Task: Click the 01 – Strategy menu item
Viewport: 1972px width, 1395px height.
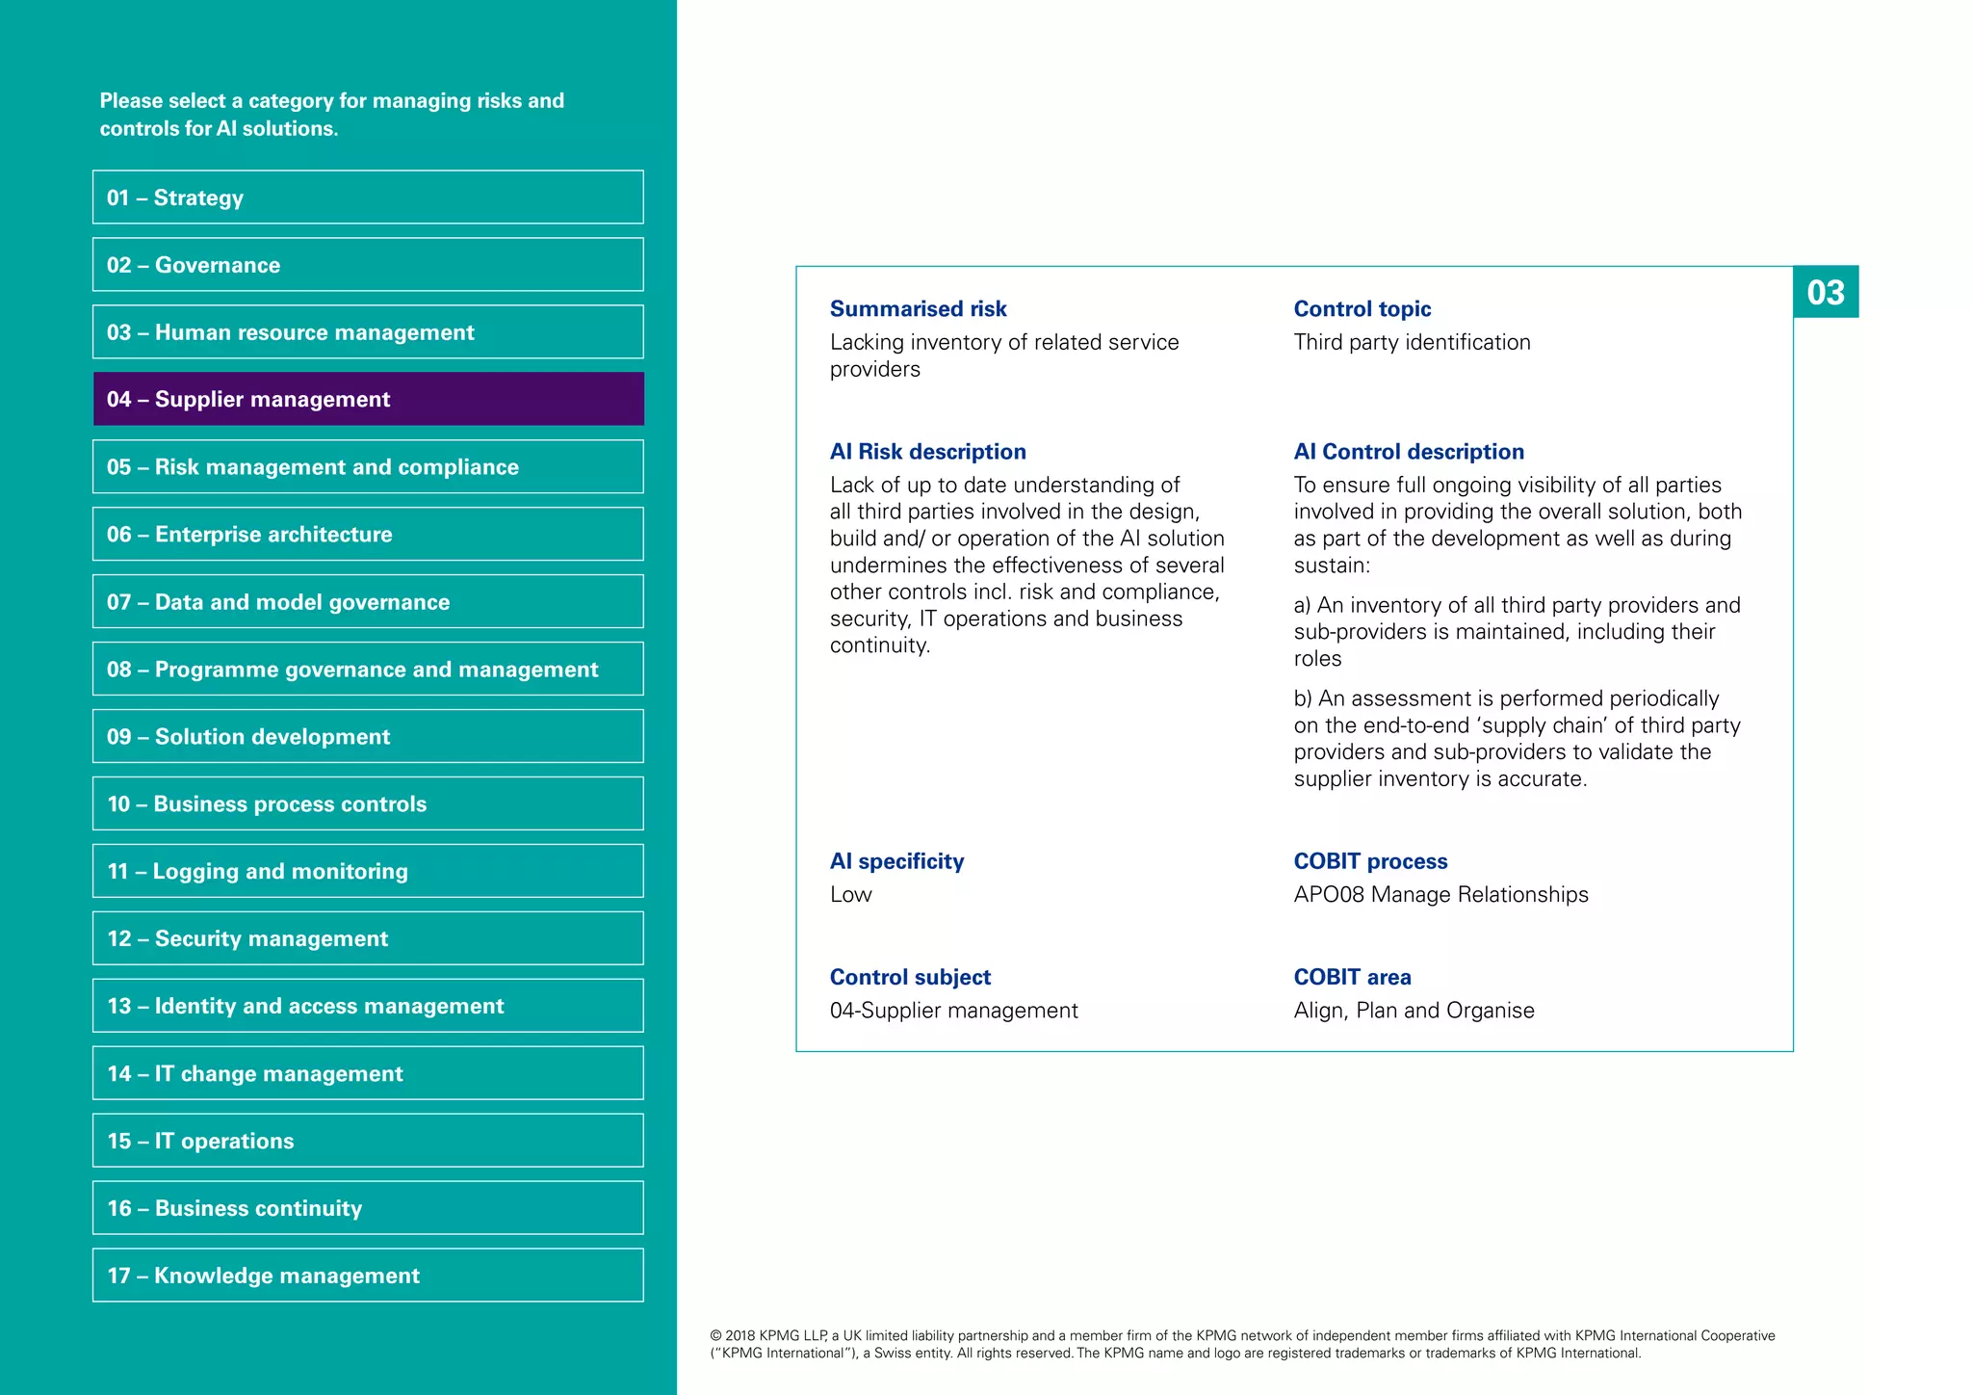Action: (368, 197)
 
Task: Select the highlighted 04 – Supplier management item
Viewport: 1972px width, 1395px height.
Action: (368, 399)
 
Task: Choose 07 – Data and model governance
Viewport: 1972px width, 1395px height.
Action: (368, 602)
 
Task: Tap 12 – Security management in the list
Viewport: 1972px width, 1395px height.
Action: (368, 938)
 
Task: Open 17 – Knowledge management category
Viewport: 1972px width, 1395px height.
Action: (368, 1276)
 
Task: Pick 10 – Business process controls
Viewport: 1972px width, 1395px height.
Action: (368, 803)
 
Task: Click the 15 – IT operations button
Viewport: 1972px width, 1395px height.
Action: (368, 1141)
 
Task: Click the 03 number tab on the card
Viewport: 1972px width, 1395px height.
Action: (1826, 292)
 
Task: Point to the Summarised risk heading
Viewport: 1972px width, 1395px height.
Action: (918, 309)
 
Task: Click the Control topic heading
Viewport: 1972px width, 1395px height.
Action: (1362, 309)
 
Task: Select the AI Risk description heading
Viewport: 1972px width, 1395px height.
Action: (927, 452)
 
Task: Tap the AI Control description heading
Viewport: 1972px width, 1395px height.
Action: (1409, 452)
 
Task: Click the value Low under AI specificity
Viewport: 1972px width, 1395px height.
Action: (851, 895)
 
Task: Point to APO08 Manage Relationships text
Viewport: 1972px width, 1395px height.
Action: (1440, 895)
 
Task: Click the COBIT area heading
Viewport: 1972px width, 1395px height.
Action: (1352, 977)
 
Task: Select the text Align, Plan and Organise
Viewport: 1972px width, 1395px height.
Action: (1414, 1011)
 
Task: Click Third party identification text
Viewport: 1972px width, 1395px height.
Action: (1412, 343)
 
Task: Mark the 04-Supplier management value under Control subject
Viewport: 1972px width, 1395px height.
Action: (953, 1011)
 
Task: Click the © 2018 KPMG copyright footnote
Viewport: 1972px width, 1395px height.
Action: (1242, 1344)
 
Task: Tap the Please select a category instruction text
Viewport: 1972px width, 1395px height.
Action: (332, 115)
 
